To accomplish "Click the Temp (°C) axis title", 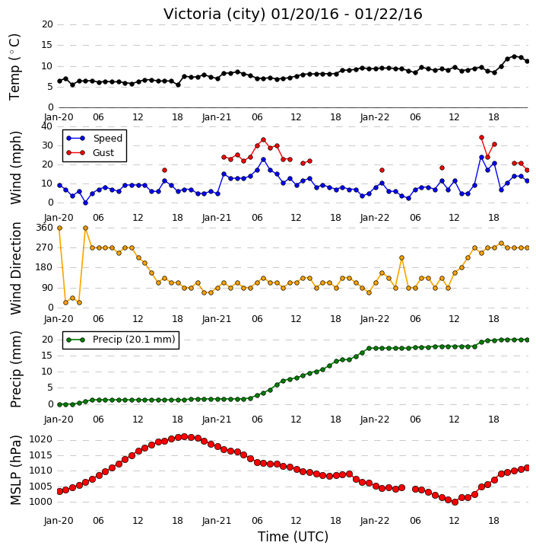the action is pyautogui.click(x=14, y=67).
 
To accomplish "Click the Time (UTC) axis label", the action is pyautogui.click(x=293, y=537).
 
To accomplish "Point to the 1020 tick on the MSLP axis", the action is pyautogui.click(x=40, y=439).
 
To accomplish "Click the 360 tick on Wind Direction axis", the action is pyautogui.click(x=45, y=228).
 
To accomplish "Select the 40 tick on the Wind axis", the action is pyautogui.click(x=46, y=126).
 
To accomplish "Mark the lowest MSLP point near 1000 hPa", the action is pyautogui.click(x=455, y=502).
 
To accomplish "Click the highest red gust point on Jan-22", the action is pyautogui.click(x=481, y=138).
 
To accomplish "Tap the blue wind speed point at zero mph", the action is pyautogui.click(x=85, y=203).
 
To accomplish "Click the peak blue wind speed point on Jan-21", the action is pyautogui.click(x=263, y=160).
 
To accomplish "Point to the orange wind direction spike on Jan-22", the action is pyautogui.click(x=401, y=257).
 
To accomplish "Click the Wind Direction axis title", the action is pyautogui.click(x=16, y=268).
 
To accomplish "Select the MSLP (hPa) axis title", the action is pyautogui.click(x=16, y=470).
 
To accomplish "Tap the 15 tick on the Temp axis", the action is pyautogui.click(x=47, y=45).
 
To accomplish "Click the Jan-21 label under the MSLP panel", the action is pyautogui.click(x=217, y=520).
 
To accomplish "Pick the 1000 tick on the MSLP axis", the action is pyautogui.click(x=40, y=502).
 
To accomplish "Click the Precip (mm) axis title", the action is pyautogui.click(x=16, y=369).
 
